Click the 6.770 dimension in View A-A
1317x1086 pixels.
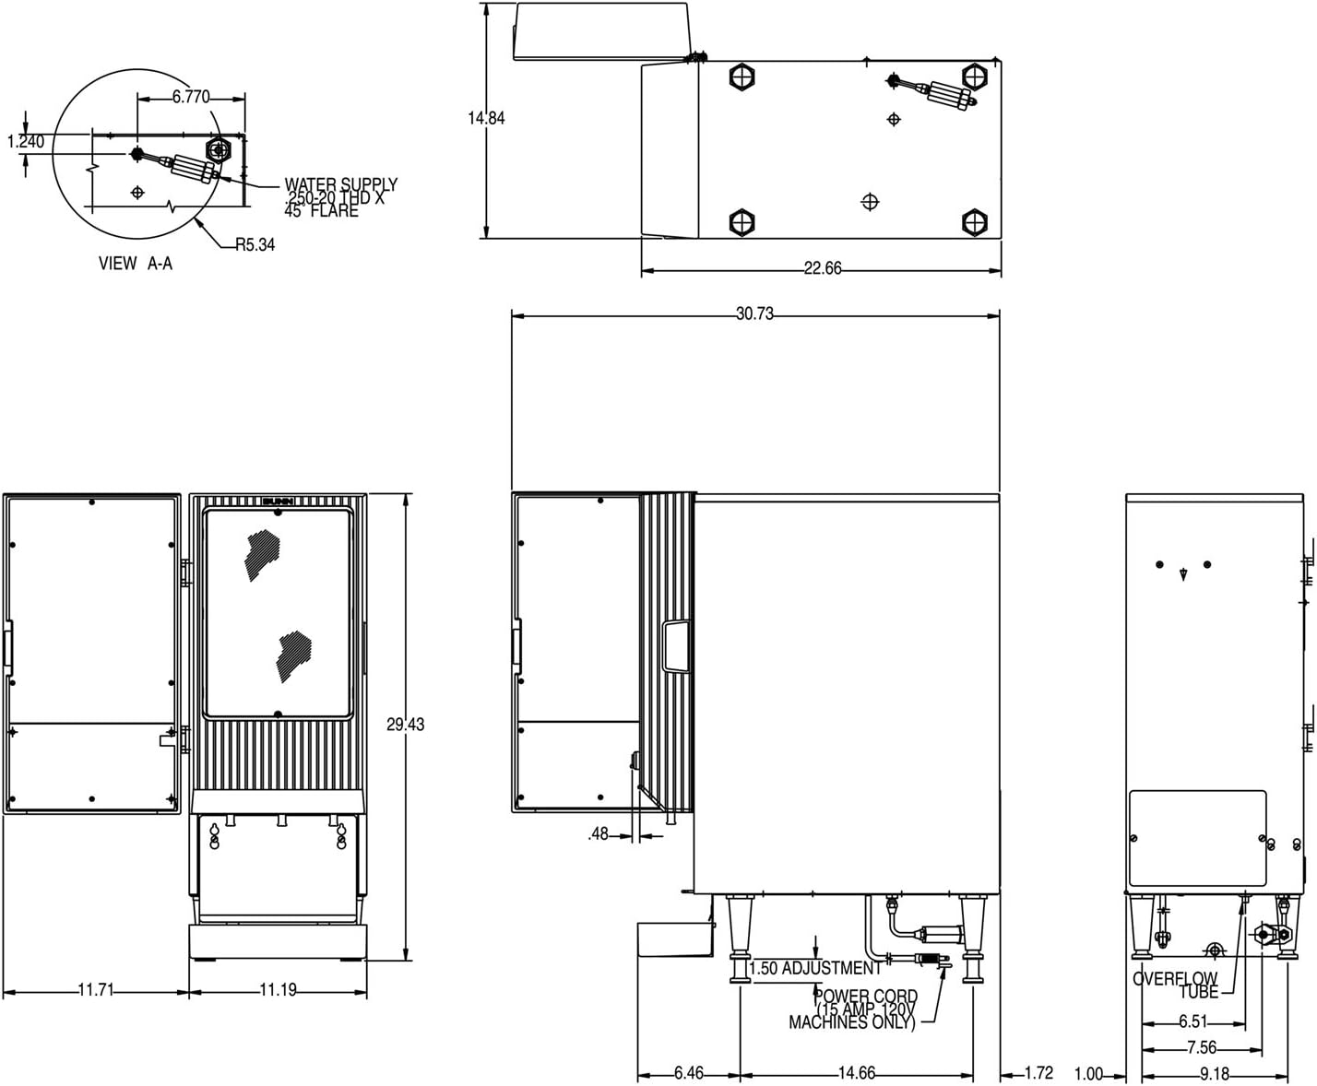[x=191, y=97]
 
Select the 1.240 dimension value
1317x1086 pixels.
[x=26, y=141]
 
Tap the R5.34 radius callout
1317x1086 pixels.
[x=255, y=244]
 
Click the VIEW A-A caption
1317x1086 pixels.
[x=136, y=263]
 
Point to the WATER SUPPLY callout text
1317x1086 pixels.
[x=341, y=197]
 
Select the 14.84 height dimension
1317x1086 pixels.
[x=486, y=118]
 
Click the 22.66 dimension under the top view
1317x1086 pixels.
[x=823, y=268]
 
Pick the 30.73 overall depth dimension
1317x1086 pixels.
[x=755, y=313]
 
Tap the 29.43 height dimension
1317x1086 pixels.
[x=406, y=725]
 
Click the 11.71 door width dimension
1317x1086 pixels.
[x=96, y=990]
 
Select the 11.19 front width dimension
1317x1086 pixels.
[x=279, y=990]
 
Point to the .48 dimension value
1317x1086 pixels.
[x=598, y=833]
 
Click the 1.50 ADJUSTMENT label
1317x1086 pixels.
[x=815, y=968]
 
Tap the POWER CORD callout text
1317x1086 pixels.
[x=853, y=1009]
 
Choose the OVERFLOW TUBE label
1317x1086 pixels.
[x=1176, y=986]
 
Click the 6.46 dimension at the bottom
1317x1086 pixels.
[x=689, y=1073]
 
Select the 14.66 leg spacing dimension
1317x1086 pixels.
[x=857, y=1073]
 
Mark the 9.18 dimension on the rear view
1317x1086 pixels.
[x=1215, y=1073]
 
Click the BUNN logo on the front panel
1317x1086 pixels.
[x=279, y=501]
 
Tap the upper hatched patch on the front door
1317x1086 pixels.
[x=263, y=555]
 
